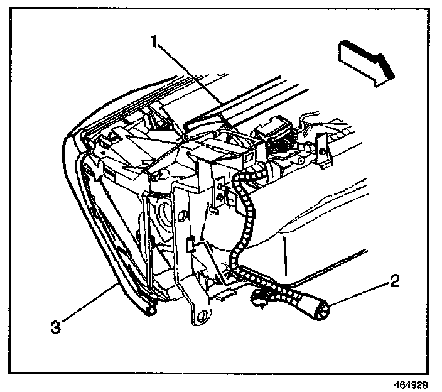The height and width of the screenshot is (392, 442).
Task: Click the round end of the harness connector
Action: pyautogui.click(x=325, y=309)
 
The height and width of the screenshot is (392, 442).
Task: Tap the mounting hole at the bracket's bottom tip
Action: pyautogui.click(x=202, y=316)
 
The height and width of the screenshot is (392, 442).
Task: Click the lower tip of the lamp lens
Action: pyautogui.click(x=149, y=309)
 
